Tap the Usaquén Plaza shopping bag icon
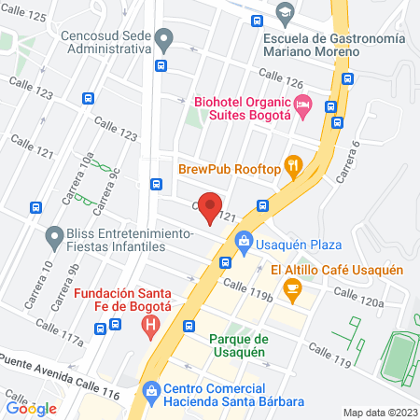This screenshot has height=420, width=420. tap(244, 241)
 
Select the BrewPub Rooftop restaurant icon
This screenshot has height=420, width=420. tap(294, 168)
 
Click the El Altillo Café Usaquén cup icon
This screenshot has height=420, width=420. tap(292, 290)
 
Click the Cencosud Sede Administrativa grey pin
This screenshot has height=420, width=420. tap(164, 41)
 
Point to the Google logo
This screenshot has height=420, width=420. tap(32, 408)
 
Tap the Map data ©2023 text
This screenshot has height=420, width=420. tap(378, 413)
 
